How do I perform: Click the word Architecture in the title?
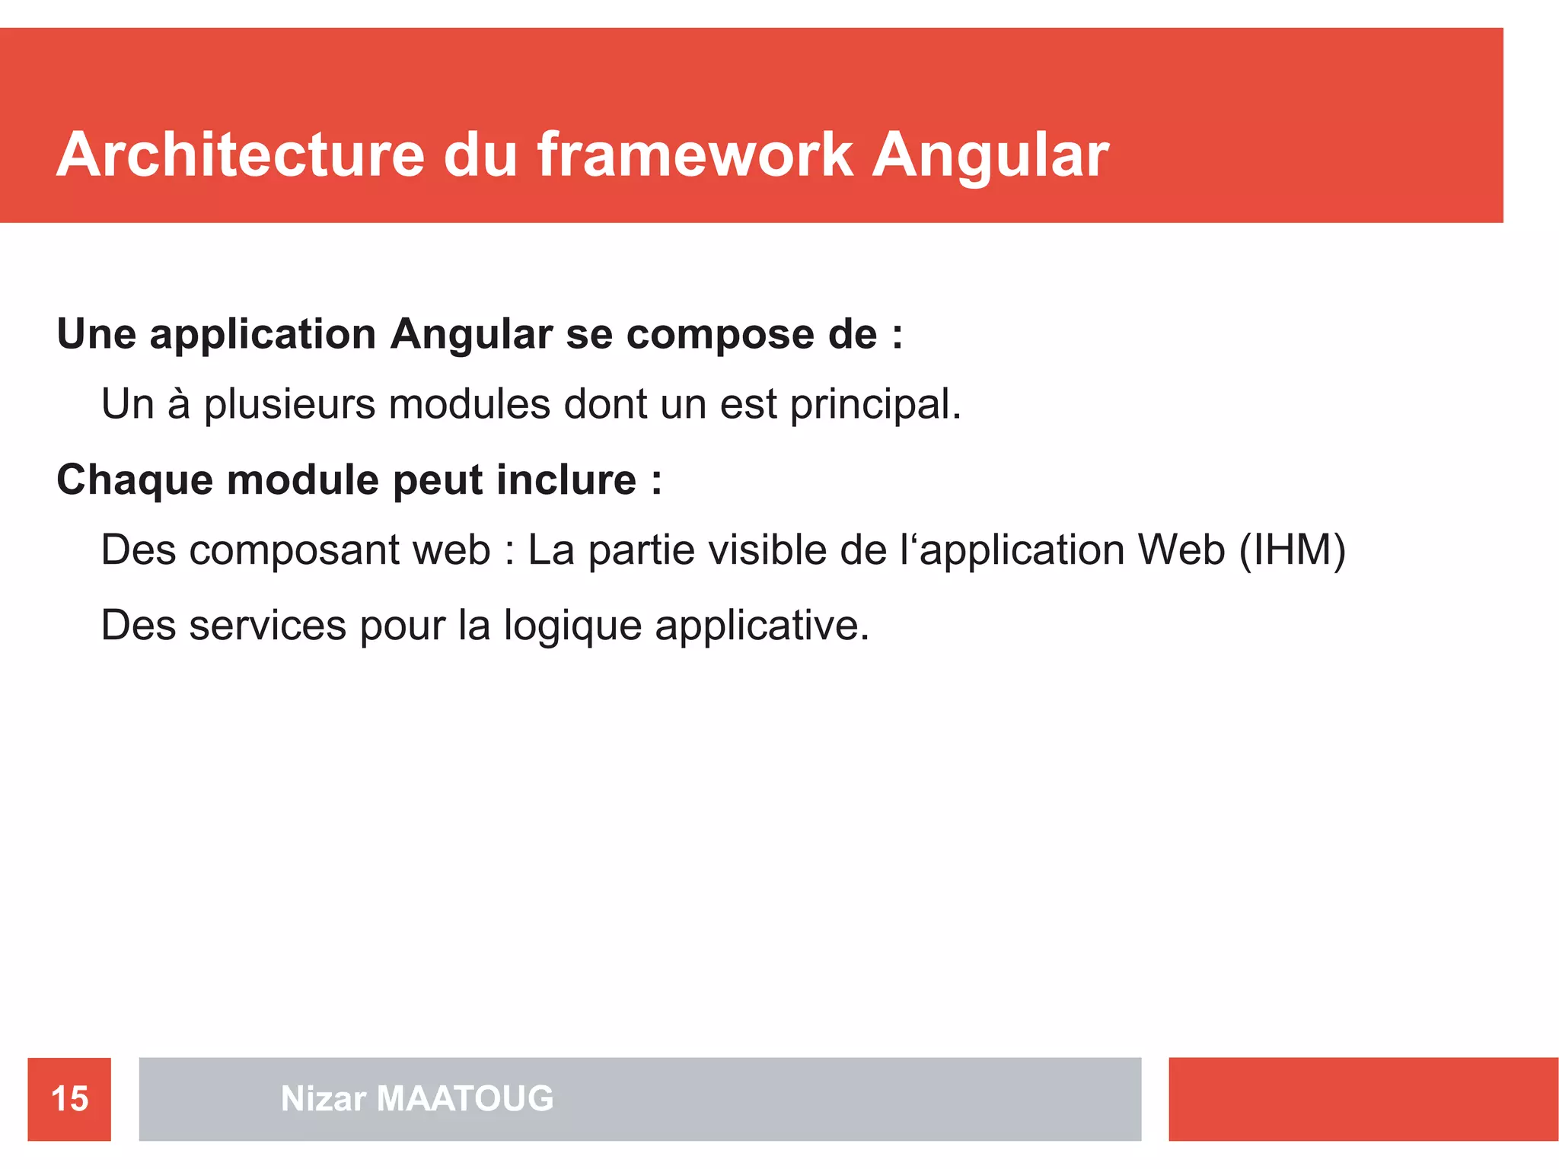[240, 154]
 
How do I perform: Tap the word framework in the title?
[694, 154]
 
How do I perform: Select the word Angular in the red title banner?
[990, 154]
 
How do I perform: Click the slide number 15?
[69, 1099]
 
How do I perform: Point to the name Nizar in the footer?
[324, 1098]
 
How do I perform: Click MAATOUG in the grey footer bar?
[465, 1098]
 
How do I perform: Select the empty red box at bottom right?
[1363, 1099]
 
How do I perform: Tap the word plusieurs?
[289, 404]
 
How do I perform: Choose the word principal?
[875, 404]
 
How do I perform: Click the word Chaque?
[135, 480]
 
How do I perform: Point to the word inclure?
[566, 480]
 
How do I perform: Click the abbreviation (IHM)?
[1293, 549]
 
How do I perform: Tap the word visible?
[768, 549]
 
